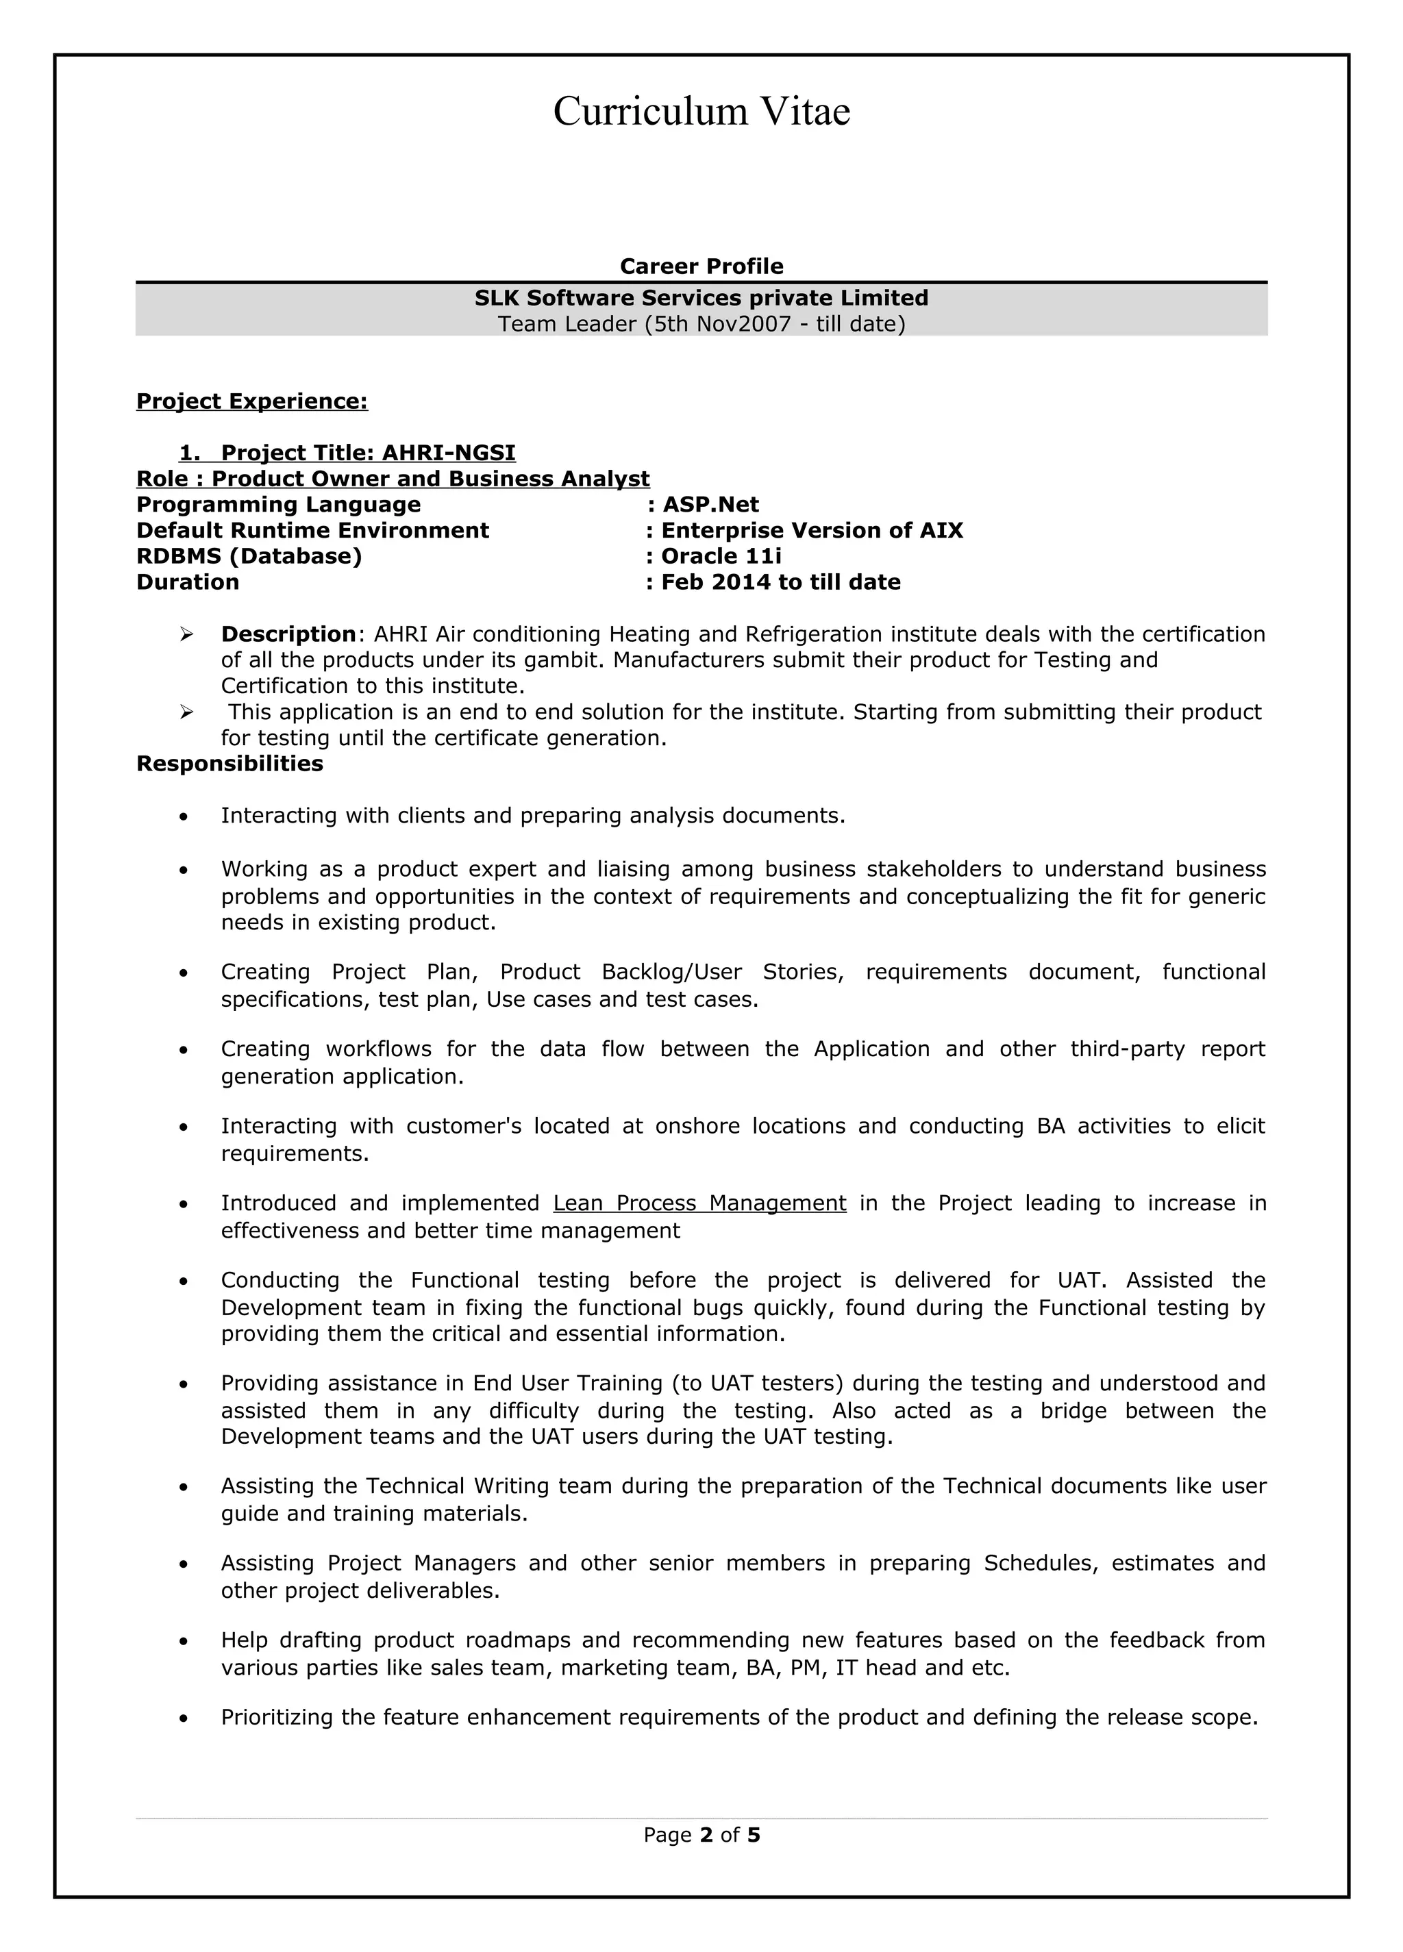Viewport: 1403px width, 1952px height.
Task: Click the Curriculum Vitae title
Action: pyautogui.click(x=701, y=112)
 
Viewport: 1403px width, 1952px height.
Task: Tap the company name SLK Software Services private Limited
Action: pyautogui.click(x=701, y=298)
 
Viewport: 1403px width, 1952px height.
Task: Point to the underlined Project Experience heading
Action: pyautogui.click(x=251, y=401)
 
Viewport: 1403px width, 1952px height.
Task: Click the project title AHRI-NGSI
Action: pyautogui.click(x=449, y=453)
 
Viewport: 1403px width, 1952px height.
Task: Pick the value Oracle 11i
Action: pyautogui.click(x=721, y=556)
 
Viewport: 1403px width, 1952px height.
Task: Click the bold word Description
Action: pyautogui.click(x=288, y=634)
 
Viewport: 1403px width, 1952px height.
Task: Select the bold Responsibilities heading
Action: pyautogui.click(x=229, y=764)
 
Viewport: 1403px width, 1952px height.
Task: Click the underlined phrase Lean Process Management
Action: pyautogui.click(x=699, y=1203)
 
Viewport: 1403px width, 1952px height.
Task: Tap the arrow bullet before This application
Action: pyautogui.click(x=186, y=712)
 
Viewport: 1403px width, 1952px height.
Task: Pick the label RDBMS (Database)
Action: pyautogui.click(x=249, y=556)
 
